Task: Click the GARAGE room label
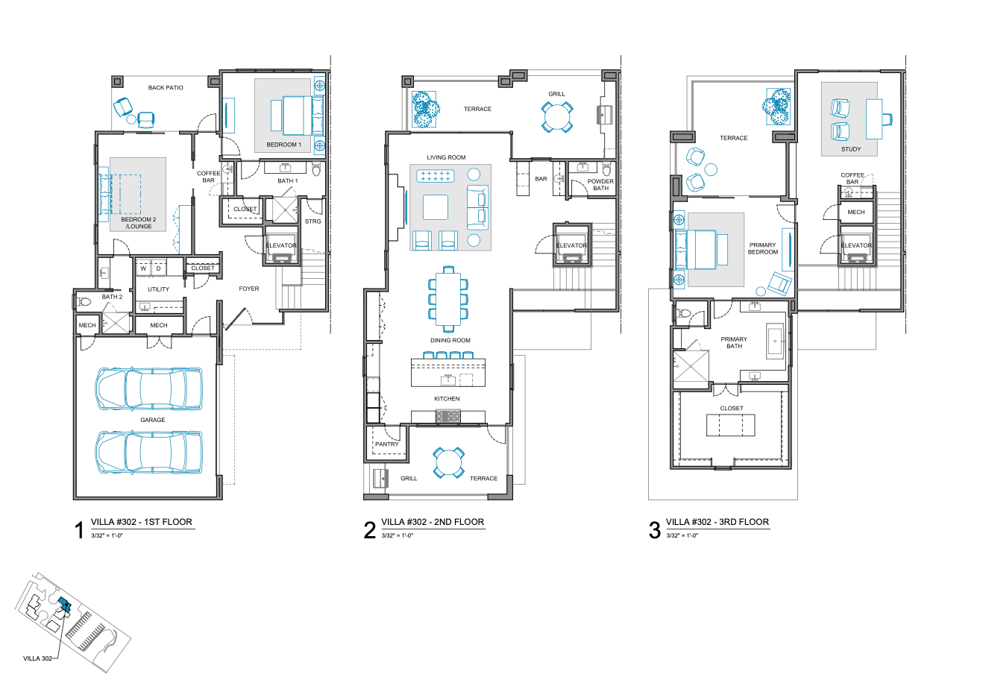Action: [x=152, y=420]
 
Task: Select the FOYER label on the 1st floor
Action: [x=249, y=289]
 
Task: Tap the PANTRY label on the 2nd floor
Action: [x=386, y=444]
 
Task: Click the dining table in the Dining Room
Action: [x=448, y=298]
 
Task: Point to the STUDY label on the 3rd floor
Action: [x=851, y=149]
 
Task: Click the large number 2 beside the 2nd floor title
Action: [x=370, y=530]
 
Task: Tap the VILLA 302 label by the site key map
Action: [x=37, y=658]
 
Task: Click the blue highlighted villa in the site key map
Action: [x=64, y=605]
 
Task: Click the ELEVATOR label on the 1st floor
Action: [x=281, y=245]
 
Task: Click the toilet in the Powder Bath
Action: [x=606, y=169]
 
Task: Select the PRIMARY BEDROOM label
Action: [x=763, y=248]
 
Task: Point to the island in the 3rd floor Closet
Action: [x=731, y=425]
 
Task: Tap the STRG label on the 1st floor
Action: [x=313, y=221]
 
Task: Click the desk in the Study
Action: [x=873, y=119]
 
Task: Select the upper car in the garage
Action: [x=148, y=388]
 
